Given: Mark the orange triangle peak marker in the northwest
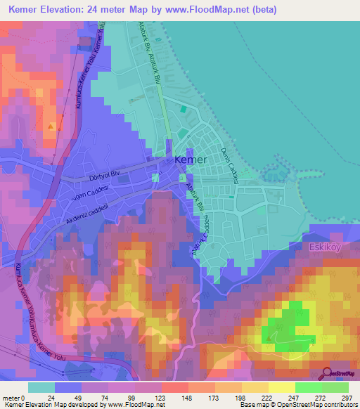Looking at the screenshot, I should pyautogui.click(x=51, y=126).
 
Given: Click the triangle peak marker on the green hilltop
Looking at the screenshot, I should pyautogui.click(x=271, y=339).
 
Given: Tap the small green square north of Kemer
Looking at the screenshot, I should pyautogui.click(x=184, y=109).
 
